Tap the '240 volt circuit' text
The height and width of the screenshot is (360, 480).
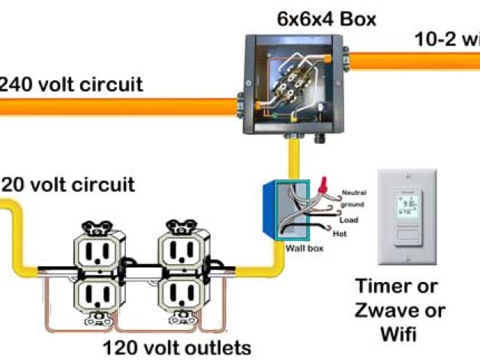[71, 83]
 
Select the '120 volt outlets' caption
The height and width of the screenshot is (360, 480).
[177, 348]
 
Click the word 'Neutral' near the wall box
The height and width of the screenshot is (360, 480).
[353, 193]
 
